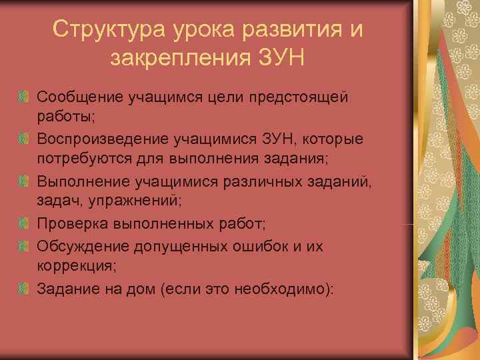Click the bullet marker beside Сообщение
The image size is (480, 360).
point(24,98)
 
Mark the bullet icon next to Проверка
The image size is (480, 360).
point(24,222)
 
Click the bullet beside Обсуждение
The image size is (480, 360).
point(24,246)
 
